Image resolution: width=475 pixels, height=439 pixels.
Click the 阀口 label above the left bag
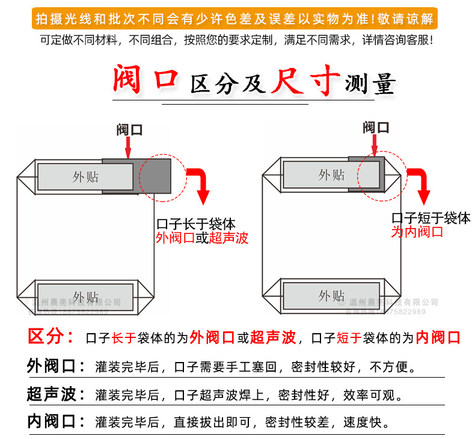pyautogui.click(x=130, y=130)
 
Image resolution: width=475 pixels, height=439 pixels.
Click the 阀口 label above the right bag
pyautogui.click(x=376, y=127)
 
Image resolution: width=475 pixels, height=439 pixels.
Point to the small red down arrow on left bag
pyautogui.click(x=129, y=148)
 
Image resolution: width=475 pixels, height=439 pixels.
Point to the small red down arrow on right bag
pyautogui.click(x=375, y=145)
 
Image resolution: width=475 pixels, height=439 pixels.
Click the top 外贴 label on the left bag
pyautogui.click(x=85, y=177)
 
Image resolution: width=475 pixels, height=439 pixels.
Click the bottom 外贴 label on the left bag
pyautogui.click(x=85, y=296)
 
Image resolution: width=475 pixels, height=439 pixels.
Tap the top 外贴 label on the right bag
pyautogui.click(x=331, y=175)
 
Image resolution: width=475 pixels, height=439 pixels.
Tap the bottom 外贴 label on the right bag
pyautogui.click(x=331, y=296)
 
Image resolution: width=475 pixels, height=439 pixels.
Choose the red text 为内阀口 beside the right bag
pyautogui.click(x=417, y=232)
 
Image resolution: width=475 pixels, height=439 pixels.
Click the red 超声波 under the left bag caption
pyautogui.click(x=228, y=238)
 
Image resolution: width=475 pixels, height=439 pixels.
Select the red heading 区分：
pyautogui.click(x=51, y=337)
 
